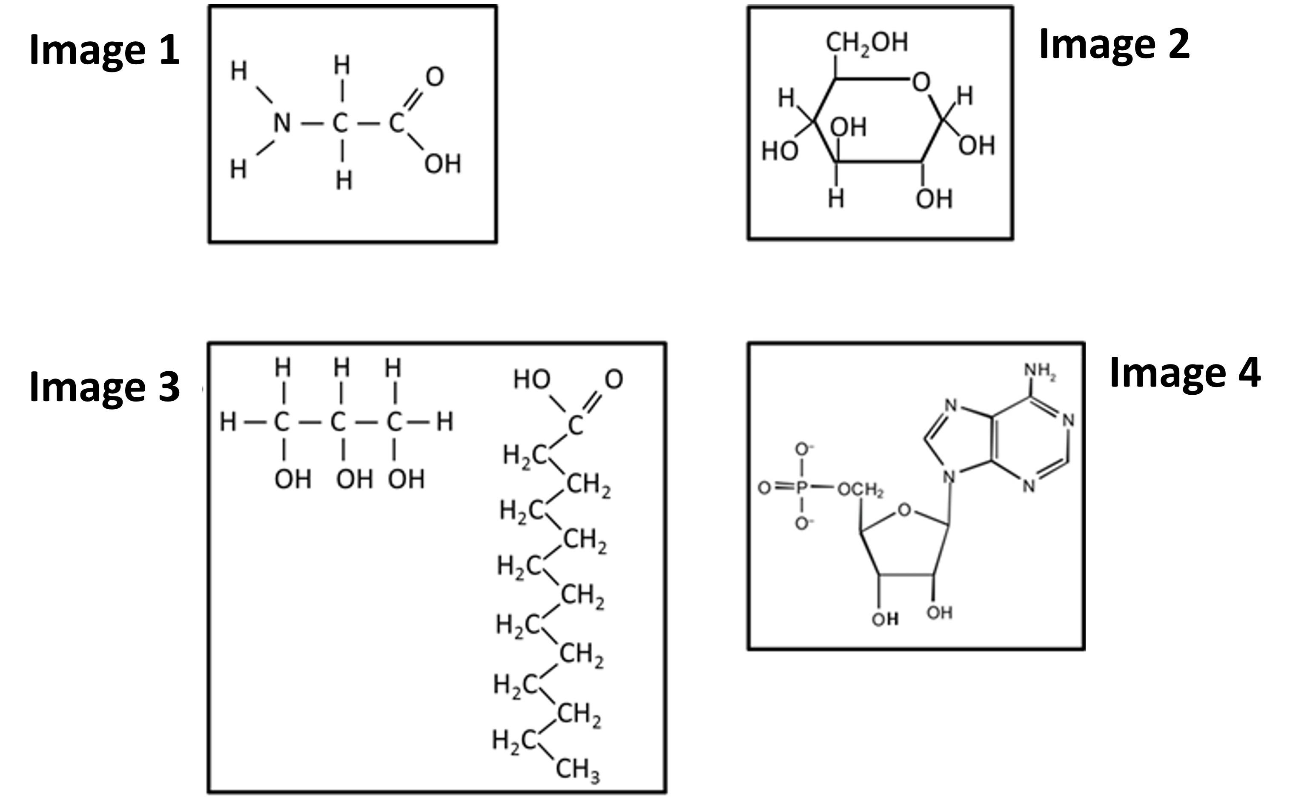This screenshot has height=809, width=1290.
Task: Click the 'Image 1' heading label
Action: (104, 50)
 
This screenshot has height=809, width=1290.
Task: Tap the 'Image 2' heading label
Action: (1114, 44)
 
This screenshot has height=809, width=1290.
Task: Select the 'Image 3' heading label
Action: (104, 387)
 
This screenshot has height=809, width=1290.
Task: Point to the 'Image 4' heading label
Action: (1185, 373)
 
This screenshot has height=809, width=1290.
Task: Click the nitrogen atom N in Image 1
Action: (282, 123)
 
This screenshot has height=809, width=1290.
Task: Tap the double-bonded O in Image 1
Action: (434, 77)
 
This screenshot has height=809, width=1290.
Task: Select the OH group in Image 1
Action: (442, 164)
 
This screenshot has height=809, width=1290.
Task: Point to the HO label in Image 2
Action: (779, 152)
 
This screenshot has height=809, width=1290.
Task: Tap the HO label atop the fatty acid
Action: (532, 379)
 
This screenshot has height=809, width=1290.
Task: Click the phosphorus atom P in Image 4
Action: (802, 487)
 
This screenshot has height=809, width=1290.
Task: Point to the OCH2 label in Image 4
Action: (860, 490)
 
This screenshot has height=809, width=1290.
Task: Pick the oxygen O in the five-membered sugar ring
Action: (904, 510)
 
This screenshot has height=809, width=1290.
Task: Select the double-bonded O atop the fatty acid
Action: (613, 379)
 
